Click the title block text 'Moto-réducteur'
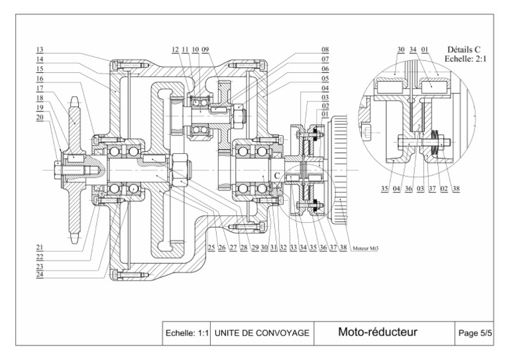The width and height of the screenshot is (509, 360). click(x=378, y=332)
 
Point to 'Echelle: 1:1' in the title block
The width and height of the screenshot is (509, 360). click(x=188, y=333)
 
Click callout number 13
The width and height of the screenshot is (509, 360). click(x=40, y=50)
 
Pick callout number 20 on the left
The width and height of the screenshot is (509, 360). click(x=40, y=116)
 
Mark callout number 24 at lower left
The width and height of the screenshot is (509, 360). click(x=40, y=274)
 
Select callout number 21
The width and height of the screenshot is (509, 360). click(x=40, y=247)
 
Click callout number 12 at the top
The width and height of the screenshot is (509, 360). click(x=174, y=50)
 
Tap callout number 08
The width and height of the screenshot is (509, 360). click(x=325, y=50)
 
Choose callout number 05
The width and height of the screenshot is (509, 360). click(x=325, y=78)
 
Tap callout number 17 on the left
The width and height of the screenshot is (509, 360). click(x=40, y=88)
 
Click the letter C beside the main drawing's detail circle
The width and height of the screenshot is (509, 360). click(x=277, y=174)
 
